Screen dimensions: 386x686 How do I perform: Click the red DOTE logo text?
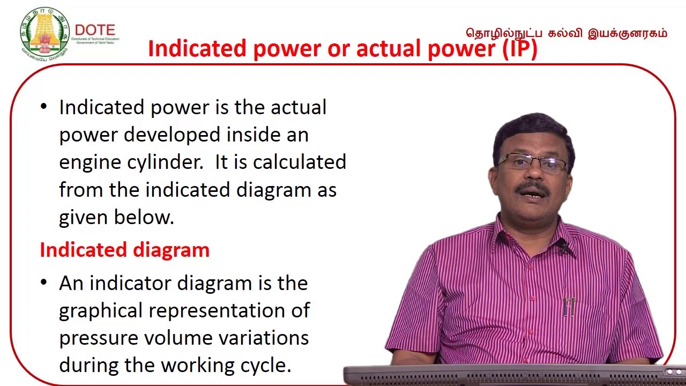(x=95, y=29)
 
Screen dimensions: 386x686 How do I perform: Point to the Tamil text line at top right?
(x=566, y=33)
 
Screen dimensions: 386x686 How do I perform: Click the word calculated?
(x=299, y=162)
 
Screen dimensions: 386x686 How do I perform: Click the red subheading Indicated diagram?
(x=124, y=250)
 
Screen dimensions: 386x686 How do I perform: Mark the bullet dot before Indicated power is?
(x=44, y=107)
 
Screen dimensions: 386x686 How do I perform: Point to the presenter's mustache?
(x=532, y=189)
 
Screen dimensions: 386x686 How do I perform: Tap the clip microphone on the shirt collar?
(x=562, y=246)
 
